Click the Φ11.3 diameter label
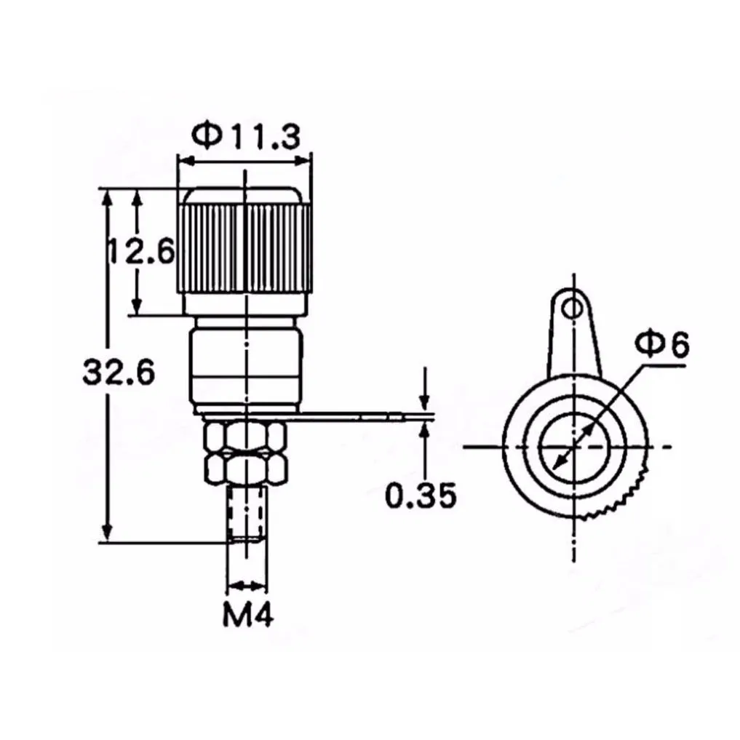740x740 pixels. [245, 136]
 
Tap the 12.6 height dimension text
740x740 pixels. [140, 250]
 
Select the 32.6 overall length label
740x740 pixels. [119, 372]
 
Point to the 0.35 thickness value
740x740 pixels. [421, 495]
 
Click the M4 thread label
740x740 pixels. [248, 614]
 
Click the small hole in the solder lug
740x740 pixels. [573, 309]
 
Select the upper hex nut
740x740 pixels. [245, 438]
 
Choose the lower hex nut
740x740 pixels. [245, 468]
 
